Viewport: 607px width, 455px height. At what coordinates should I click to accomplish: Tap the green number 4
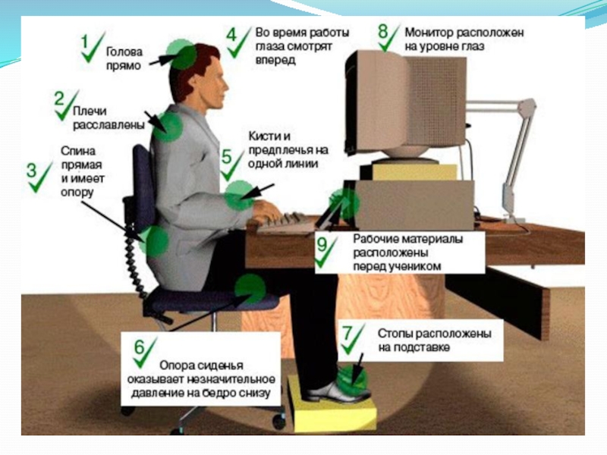[231, 34]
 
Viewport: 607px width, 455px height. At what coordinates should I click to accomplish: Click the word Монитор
[429, 34]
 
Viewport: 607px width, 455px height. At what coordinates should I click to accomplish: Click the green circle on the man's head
[182, 55]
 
